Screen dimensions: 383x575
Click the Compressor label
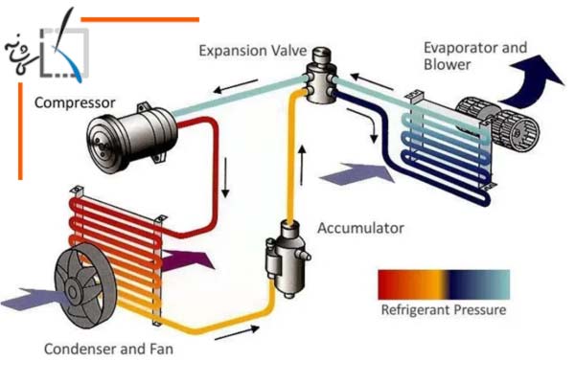tap(75, 101)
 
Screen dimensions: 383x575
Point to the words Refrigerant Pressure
tap(443, 310)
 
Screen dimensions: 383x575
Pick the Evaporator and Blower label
tap(474, 56)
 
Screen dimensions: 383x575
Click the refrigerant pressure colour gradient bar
tap(443, 284)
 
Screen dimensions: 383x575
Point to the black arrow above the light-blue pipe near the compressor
tap(226, 92)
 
